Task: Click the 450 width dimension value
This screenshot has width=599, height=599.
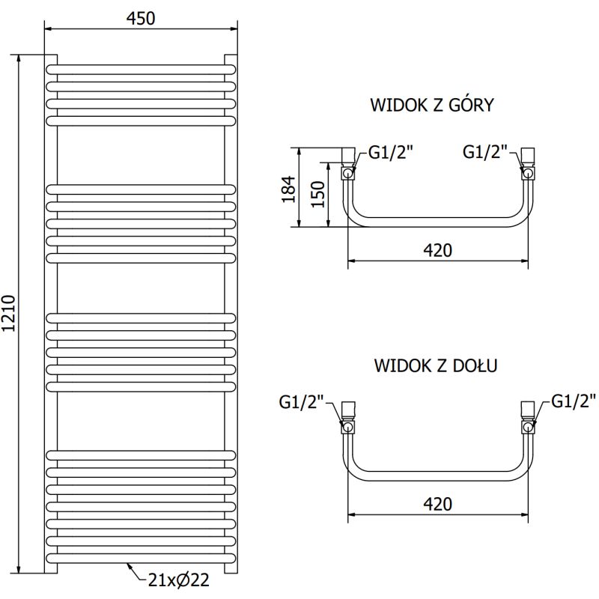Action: click(x=141, y=18)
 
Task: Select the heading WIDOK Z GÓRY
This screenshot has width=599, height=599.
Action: click(x=432, y=105)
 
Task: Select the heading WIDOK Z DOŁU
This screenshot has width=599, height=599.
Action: click(x=437, y=365)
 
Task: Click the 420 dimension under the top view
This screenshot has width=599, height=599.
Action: click(x=437, y=250)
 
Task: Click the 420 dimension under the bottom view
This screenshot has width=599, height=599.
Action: click(x=437, y=504)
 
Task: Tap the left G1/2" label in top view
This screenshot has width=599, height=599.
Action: click(x=390, y=153)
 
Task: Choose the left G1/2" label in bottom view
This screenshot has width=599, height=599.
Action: click(x=302, y=403)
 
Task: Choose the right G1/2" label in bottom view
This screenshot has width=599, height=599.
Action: click(x=574, y=401)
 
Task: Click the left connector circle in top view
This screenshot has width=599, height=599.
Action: click(x=348, y=174)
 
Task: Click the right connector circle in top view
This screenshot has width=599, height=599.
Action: click(x=528, y=174)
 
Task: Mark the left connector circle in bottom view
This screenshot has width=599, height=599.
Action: click(x=348, y=427)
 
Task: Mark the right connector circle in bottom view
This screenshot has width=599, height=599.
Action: click(x=528, y=427)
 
